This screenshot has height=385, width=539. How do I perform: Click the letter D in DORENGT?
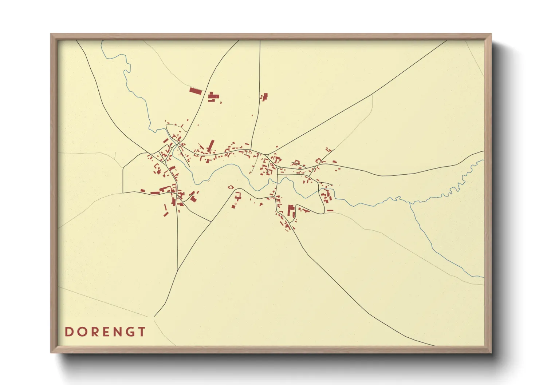point(68,332)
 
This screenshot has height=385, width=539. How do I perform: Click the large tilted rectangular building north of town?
point(196,91)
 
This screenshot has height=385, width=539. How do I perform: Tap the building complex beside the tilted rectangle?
point(213,97)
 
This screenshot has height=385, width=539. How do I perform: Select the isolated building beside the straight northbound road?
point(264,97)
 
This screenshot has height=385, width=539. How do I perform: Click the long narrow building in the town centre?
point(211,146)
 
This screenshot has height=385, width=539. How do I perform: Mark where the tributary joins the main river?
point(410,203)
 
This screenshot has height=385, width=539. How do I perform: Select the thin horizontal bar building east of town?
point(330,210)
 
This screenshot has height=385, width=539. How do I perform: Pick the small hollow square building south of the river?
point(231,187)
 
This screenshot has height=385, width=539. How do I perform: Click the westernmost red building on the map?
point(143,190)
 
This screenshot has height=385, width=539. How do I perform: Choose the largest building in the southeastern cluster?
point(291,211)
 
